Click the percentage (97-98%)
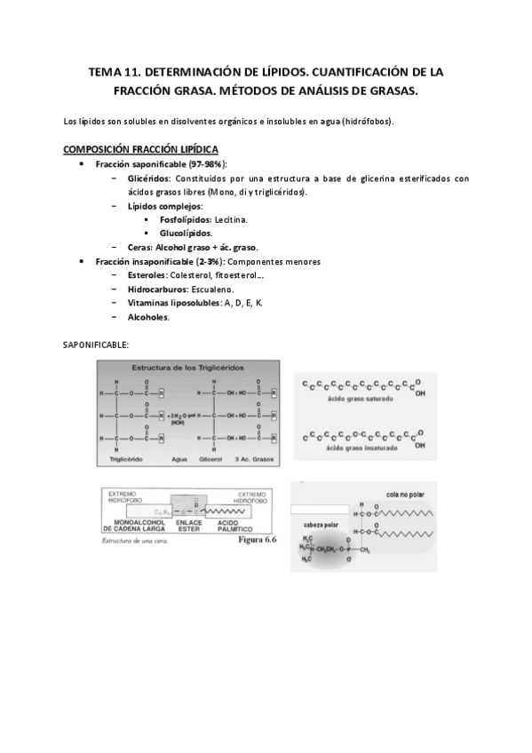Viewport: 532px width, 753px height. (205, 165)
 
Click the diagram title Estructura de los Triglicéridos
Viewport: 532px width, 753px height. (190, 368)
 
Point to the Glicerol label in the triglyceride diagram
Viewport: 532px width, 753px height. (210, 459)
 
